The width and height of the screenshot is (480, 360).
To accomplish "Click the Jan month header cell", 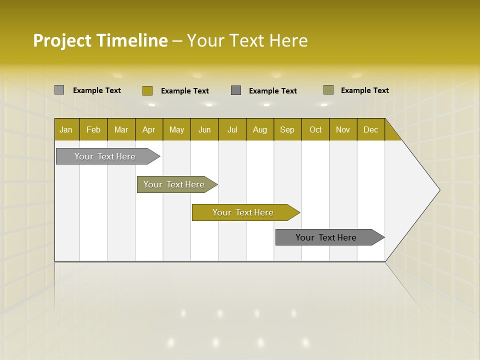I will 66,129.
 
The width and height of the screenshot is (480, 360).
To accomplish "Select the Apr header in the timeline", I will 149,129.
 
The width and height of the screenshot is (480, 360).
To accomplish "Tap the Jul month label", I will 232,129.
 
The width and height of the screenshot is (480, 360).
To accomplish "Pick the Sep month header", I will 287,129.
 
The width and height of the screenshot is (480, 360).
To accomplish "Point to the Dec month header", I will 370,129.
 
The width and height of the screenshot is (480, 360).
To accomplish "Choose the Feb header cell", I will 93,129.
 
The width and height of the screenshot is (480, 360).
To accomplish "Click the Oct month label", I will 315,129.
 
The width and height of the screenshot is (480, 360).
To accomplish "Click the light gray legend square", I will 59,90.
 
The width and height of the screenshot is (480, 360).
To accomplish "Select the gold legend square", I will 147,90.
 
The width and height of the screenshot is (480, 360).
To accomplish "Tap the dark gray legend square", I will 236,90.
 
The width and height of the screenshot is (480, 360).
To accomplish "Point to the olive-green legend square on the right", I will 328,90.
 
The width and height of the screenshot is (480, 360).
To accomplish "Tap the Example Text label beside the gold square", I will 184,91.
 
